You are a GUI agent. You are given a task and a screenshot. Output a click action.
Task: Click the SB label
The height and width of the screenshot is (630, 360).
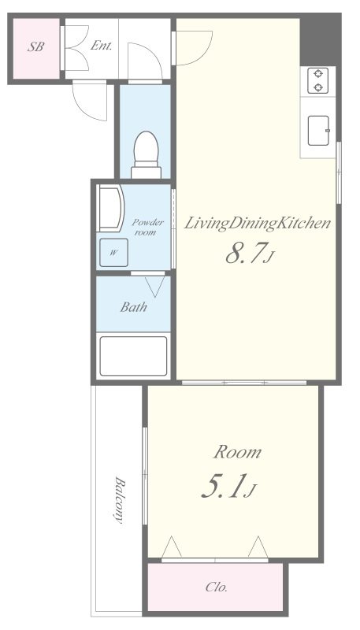click(x=35, y=47)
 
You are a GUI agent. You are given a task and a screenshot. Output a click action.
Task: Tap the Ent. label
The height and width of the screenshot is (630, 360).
click(x=101, y=46)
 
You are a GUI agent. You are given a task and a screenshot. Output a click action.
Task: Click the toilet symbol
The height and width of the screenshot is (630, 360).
click(x=147, y=154)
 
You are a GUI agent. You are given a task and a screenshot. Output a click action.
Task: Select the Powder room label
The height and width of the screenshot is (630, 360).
click(x=147, y=227)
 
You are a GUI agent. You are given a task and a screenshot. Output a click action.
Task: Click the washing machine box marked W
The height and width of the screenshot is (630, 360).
click(x=113, y=253)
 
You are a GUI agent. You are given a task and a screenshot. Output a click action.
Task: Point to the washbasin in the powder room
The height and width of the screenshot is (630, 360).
click(x=110, y=208)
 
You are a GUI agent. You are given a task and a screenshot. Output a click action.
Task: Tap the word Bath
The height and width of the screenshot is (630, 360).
click(x=134, y=307)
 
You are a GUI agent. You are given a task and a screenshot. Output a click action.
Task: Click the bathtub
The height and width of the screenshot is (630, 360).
click(x=133, y=356)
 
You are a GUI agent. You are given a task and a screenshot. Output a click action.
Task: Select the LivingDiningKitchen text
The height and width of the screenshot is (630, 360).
click(x=257, y=224)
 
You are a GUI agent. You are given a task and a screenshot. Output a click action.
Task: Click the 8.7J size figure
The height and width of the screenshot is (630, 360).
click(x=250, y=254)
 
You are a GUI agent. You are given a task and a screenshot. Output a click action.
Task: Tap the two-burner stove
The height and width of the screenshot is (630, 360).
click(x=317, y=81)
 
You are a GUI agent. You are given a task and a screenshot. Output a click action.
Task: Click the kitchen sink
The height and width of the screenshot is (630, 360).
click(x=318, y=131)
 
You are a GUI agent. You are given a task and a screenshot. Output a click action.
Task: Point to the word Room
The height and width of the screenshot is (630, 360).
click(x=237, y=452)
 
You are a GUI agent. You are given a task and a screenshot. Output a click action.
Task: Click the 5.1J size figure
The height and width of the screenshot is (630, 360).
click(x=228, y=487)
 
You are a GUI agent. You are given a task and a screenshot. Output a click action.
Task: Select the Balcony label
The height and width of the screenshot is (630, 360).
click(x=118, y=500)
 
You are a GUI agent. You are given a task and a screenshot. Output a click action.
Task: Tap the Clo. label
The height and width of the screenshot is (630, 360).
click(x=217, y=587)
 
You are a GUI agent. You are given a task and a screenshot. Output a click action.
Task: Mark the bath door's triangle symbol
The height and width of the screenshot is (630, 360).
click(x=154, y=286)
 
